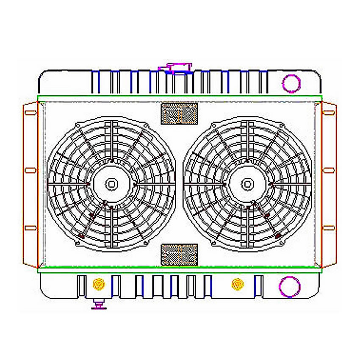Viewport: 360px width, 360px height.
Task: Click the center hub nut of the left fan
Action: (x=111, y=184)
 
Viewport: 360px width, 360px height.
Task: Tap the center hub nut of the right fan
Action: (x=248, y=184)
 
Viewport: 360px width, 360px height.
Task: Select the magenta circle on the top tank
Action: (x=291, y=83)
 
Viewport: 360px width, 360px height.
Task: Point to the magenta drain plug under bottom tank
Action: (x=99, y=305)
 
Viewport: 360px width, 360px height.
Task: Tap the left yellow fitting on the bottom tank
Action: (x=99, y=284)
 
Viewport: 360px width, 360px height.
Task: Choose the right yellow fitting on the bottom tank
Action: (x=238, y=284)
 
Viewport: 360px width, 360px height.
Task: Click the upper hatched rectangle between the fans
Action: (x=180, y=114)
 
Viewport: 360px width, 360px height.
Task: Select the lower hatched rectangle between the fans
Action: (x=180, y=255)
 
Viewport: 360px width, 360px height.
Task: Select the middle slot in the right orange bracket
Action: (x=329, y=170)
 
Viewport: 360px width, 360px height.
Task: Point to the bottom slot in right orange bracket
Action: (x=329, y=227)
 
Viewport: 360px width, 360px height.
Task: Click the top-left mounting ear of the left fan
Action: (x=77, y=125)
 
